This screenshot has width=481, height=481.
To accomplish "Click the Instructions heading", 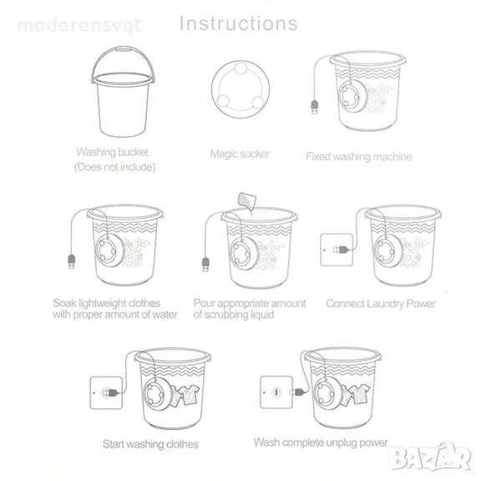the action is click(x=239, y=23).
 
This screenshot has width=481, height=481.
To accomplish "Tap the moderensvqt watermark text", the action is click(x=80, y=25).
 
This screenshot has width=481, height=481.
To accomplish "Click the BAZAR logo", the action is click(x=431, y=457).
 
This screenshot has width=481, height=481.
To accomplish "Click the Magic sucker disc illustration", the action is click(x=240, y=89).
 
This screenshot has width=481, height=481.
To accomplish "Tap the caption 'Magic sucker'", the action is click(x=240, y=154).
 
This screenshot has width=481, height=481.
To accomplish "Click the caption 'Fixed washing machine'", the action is click(x=358, y=156).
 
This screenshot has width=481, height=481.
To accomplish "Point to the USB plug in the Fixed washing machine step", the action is click(x=315, y=107).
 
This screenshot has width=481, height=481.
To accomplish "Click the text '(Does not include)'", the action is click(x=114, y=167).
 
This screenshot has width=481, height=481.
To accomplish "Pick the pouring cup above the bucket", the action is click(x=246, y=201).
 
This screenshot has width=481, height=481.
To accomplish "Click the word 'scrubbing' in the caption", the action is click(x=226, y=315).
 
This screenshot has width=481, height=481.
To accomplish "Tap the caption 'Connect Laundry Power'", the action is click(x=381, y=303).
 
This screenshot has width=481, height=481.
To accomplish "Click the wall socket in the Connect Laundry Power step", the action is click(x=337, y=250).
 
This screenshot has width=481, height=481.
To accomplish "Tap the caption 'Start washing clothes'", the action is click(x=150, y=444).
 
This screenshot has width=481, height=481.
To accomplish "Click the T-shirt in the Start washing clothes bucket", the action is click(x=189, y=395).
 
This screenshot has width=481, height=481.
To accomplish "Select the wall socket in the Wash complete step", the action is click(x=276, y=392).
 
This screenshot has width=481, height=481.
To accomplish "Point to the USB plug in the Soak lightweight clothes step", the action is click(x=71, y=261).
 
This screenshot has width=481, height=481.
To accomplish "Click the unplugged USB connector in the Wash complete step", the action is click(x=297, y=392).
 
